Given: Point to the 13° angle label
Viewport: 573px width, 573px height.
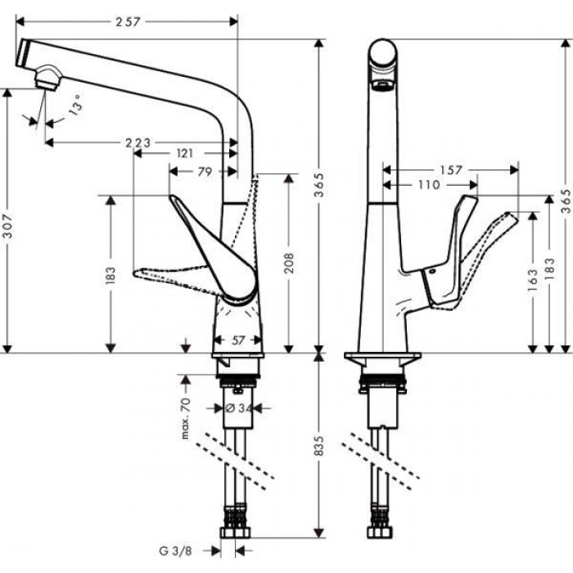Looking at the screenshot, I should pyautogui.click(x=76, y=109).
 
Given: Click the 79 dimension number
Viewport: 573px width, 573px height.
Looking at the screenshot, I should pyautogui.click(x=205, y=172).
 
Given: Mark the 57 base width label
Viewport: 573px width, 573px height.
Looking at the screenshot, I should pyautogui.click(x=237, y=338).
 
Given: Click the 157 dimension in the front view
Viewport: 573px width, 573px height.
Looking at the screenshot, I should pyautogui.click(x=451, y=170).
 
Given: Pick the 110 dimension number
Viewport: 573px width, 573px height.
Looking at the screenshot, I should pyautogui.click(x=428, y=186).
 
